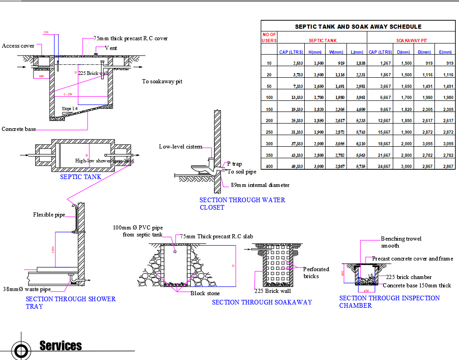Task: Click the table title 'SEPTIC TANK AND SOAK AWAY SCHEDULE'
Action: pyautogui.click(x=358, y=27)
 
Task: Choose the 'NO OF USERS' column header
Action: pyautogui.click(x=269, y=37)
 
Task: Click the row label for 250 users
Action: pyautogui.click(x=269, y=132)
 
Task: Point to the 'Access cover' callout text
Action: pyautogui.click(x=18, y=46)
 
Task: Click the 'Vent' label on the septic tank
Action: pyautogui.click(x=111, y=48)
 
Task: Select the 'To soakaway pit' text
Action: pyautogui.click(x=162, y=81)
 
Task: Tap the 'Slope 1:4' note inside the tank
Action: pyautogui.click(x=70, y=109)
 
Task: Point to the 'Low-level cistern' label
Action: pyautogui.click(x=180, y=147)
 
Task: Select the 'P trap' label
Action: pyautogui.click(x=234, y=164)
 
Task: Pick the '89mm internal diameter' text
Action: pyautogui.click(x=260, y=185)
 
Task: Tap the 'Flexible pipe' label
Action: pyautogui.click(x=49, y=215)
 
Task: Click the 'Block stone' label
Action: pyautogui.click(x=205, y=293)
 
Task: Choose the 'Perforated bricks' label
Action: pyautogui.click(x=316, y=273)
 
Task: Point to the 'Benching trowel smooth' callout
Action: pyautogui.click(x=401, y=242)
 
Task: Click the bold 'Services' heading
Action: pyautogui.click(x=61, y=346)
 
